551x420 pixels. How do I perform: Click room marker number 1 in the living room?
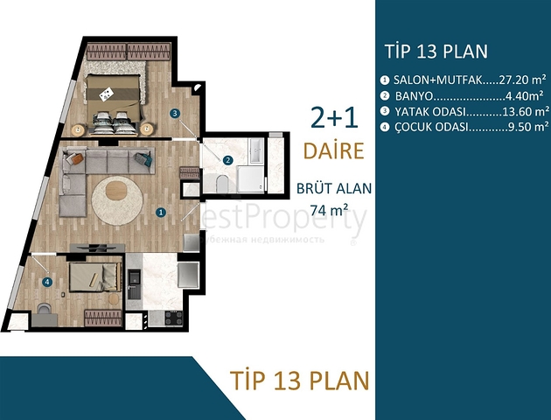click(160, 212)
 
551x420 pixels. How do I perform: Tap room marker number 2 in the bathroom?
click(227, 160)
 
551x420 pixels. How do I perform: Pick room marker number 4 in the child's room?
click(46, 281)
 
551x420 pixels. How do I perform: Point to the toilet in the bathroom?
click(221, 185)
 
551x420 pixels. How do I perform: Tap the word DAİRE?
click(333, 150)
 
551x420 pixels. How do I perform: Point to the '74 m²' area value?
click(330, 209)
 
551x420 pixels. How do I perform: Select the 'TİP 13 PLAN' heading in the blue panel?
click(436, 50)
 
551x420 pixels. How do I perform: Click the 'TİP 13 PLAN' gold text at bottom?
click(299, 381)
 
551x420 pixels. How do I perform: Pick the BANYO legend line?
click(458, 95)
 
